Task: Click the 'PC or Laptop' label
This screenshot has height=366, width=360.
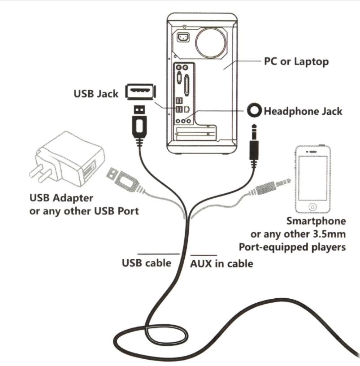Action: pyautogui.click(x=296, y=61)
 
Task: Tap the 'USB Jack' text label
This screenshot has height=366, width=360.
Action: pyautogui.click(x=96, y=94)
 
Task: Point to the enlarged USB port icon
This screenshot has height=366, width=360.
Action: pyautogui.click(x=139, y=92)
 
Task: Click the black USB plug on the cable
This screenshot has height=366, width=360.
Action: pyautogui.click(x=139, y=123)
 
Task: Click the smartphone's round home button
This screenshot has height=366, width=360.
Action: pyautogui.click(x=313, y=207)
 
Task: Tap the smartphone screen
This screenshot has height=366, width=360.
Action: pyautogui.click(x=313, y=177)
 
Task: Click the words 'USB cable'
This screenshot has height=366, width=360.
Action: pyautogui.click(x=147, y=263)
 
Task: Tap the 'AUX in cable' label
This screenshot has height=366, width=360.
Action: pyautogui.click(x=221, y=264)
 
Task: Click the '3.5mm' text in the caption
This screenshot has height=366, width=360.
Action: pyautogui.click(x=330, y=234)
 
